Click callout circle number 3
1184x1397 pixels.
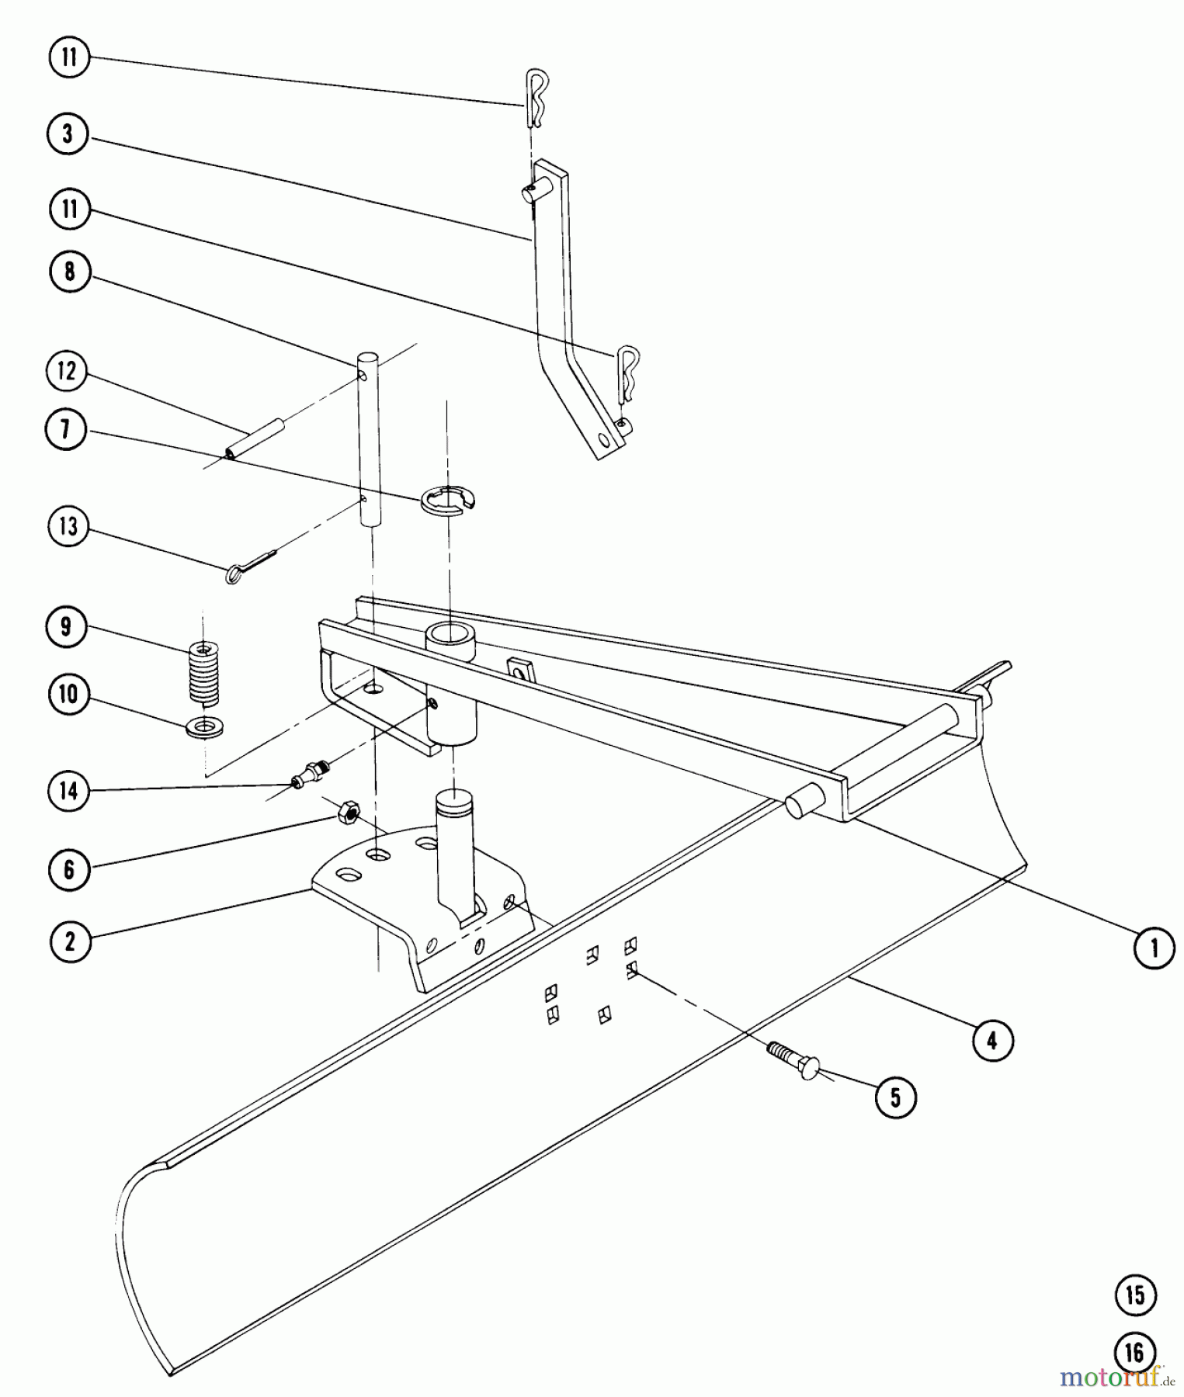[68, 134]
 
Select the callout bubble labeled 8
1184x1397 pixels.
[69, 272]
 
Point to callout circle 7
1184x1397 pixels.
[65, 429]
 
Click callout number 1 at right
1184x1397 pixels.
[1154, 948]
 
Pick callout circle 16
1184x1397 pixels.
[1135, 1354]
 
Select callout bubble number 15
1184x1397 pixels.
[1135, 1295]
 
